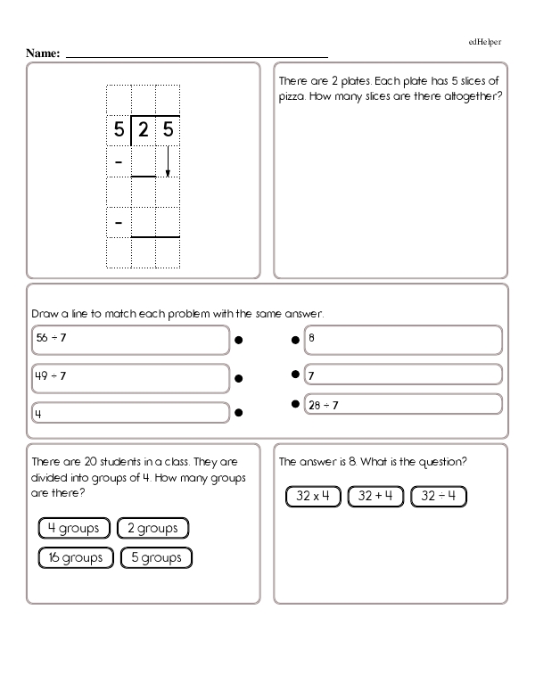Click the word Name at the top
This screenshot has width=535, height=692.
click(x=43, y=54)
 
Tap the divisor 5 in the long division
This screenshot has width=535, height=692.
click(x=119, y=131)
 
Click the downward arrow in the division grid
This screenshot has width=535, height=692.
click(x=168, y=161)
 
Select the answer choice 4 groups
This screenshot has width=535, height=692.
click(x=74, y=528)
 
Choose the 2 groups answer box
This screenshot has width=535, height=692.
click(x=152, y=528)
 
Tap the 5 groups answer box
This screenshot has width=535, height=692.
click(x=156, y=557)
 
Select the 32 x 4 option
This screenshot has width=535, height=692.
click(x=314, y=496)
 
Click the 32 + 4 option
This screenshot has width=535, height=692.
click(x=375, y=496)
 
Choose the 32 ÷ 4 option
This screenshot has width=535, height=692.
click(x=438, y=496)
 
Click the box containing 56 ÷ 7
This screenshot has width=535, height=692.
click(x=129, y=340)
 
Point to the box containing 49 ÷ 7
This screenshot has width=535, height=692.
click(x=129, y=378)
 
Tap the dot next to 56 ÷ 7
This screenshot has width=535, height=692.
click(x=239, y=340)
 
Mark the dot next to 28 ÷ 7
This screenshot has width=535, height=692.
click(x=293, y=405)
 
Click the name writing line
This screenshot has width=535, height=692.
click(x=196, y=56)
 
